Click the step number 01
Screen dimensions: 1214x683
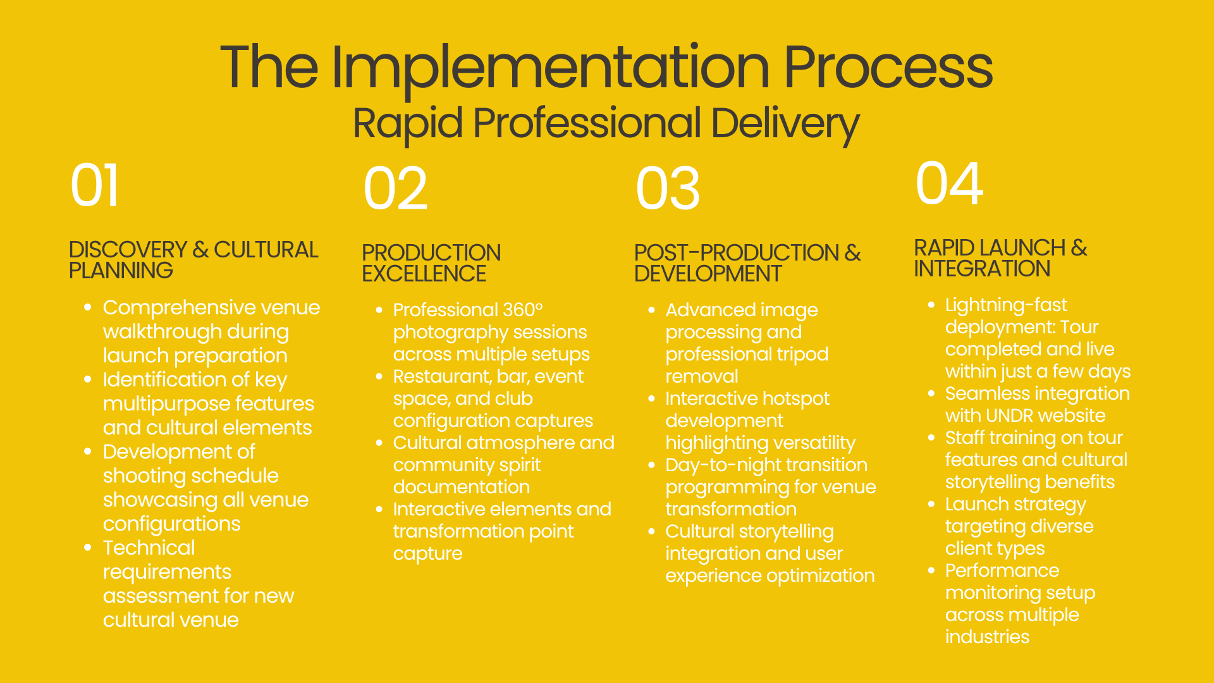point(94,186)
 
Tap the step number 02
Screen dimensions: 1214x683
point(395,189)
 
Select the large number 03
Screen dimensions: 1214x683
point(668,189)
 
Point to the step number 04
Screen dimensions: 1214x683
point(949,183)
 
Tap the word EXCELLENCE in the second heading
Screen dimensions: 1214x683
point(424,274)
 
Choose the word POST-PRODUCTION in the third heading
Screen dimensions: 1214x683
point(736,253)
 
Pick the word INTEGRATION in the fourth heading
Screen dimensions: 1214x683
point(981,269)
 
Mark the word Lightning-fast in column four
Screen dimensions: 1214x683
point(1005,305)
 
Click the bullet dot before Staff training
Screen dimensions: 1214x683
point(931,438)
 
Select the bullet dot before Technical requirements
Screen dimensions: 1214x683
point(88,547)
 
